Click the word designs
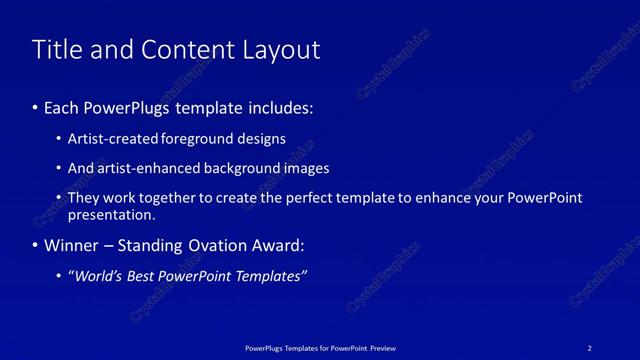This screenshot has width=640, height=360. coord(263,139)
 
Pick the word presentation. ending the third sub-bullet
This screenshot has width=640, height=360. coord(111,215)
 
